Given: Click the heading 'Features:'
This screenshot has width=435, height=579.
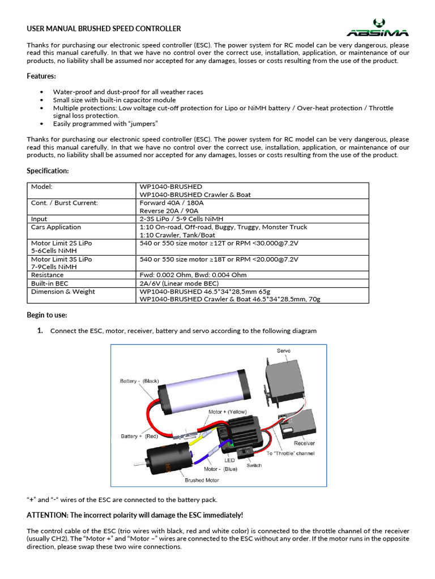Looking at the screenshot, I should coord(41,76).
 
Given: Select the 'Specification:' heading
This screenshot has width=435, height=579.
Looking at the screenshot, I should coord(48,170).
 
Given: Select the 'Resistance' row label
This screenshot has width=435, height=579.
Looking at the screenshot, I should coord(48,275).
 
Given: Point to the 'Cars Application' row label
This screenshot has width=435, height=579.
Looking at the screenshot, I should coord(56,227).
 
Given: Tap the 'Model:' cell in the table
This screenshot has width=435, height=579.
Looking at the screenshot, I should coord(42,187).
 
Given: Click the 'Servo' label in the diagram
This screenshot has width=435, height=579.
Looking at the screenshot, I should coord(283,351).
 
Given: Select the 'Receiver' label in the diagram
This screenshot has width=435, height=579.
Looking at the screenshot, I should coord(304,443).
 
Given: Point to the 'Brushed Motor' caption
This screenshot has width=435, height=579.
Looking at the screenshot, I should coord(202,480).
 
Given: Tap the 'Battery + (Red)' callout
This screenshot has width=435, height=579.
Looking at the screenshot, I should coord(139,436).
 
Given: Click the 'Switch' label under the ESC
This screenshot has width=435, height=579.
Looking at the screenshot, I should coord(254,465).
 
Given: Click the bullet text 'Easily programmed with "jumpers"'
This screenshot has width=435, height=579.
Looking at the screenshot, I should coord(105,123).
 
